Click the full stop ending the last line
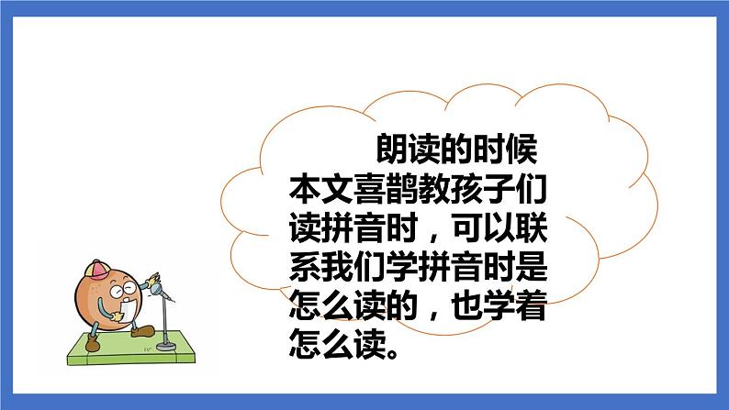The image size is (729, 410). pyautogui.click(x=400, y=354)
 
